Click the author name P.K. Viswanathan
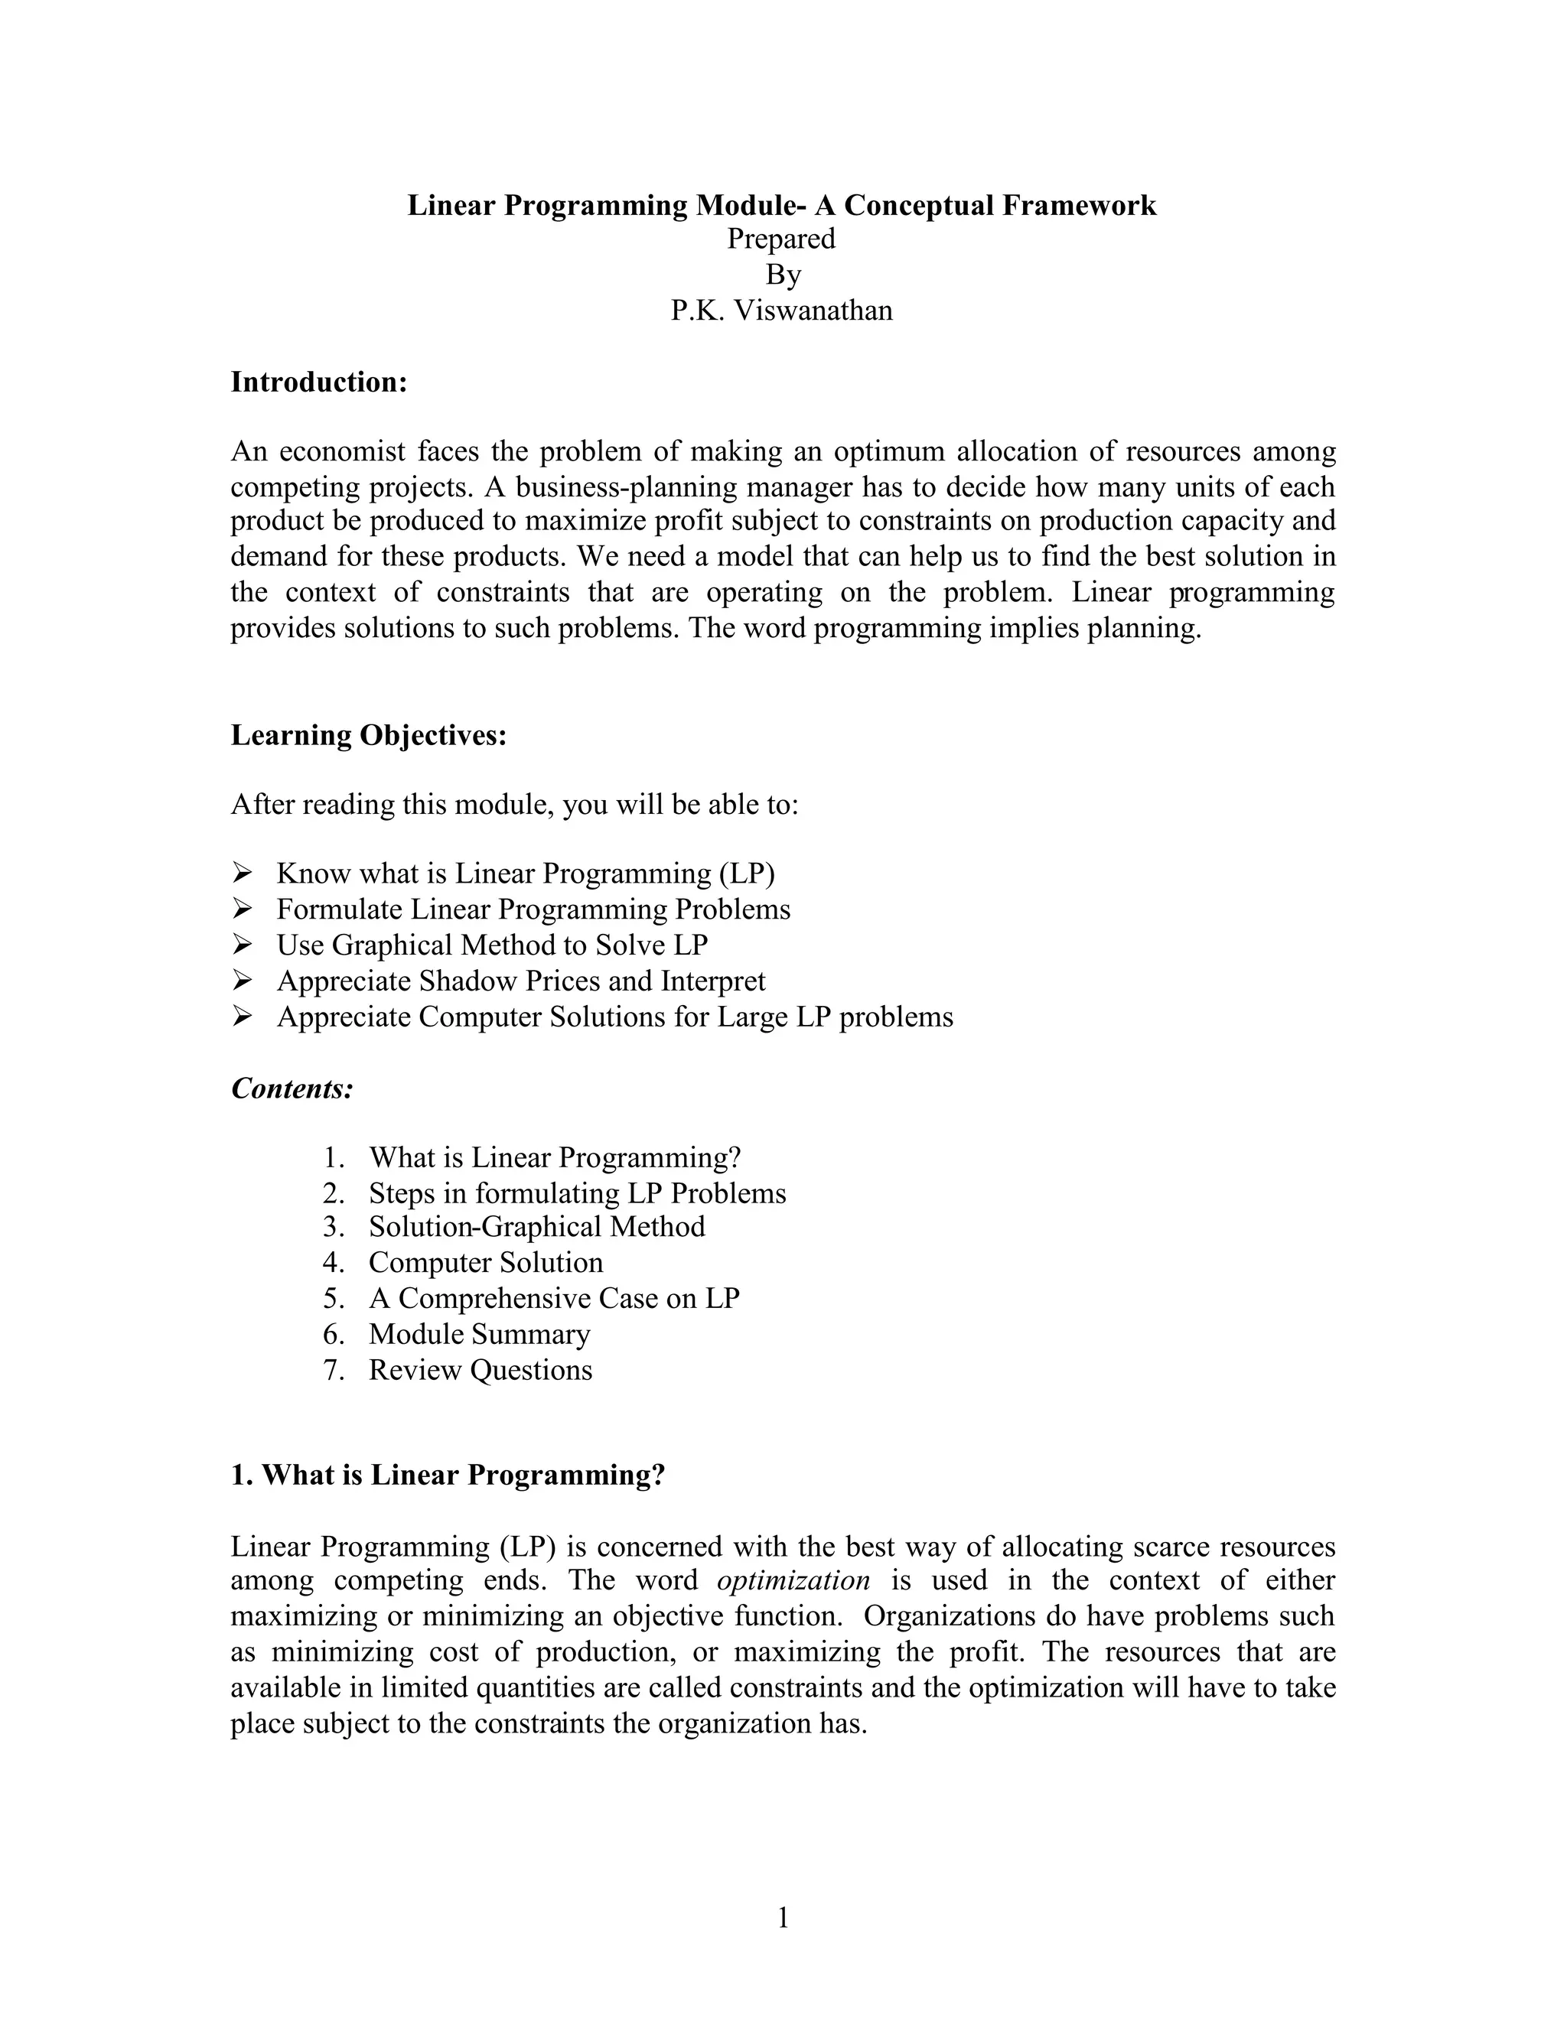(x=782, y=310)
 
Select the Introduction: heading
(x=318, y=382)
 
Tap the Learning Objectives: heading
(x=369, y=734)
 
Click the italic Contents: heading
(x=292, y=1088)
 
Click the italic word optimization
(x=793, y=1580)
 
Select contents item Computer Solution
(x=486, y=1262)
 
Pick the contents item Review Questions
(x=480, y=1369)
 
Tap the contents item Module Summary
(x=479, y=1334)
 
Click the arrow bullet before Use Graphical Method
(x=243, y=945)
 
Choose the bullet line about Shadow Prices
(x=521, y=980)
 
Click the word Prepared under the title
(x=782, y=239)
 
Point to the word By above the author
(x=783, y=275)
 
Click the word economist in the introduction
(x=343, y=451)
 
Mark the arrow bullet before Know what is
(x=243, y=874)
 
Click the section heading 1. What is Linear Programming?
(x=448, y=1475)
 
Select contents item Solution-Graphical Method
(x=536, y=1227)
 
